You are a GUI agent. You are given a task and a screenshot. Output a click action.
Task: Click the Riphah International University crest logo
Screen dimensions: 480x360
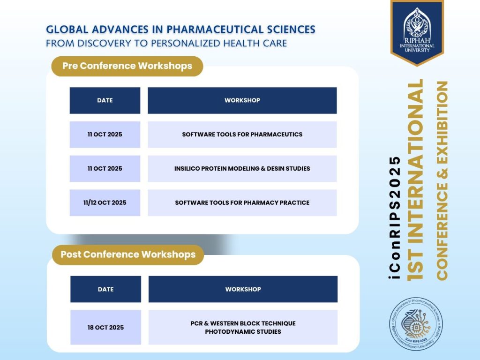click(417, 32)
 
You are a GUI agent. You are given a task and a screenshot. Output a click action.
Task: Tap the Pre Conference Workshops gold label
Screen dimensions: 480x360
click(127, 66)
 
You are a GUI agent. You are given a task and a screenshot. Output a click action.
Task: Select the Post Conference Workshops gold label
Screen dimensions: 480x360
click(128, 255)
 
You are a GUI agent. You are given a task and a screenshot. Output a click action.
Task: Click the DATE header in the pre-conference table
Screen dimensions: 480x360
click(105, 100)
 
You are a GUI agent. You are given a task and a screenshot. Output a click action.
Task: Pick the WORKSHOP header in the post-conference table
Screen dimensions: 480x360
click(243, 289)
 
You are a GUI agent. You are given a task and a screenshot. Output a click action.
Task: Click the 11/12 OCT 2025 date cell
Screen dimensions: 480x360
click(105, 202)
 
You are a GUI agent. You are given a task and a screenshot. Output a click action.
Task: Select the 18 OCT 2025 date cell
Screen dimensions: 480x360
click(105, 327)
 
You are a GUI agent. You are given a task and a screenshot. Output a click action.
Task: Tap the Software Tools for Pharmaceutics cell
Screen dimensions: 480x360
click(242, 135)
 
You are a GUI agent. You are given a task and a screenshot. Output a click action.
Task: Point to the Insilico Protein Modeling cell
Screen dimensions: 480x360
click(242, 169)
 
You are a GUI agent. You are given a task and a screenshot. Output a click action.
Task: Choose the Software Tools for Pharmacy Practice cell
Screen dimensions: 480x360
click(242, 202)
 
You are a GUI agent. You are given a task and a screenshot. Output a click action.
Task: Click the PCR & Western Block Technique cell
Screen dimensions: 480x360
click(243, 327)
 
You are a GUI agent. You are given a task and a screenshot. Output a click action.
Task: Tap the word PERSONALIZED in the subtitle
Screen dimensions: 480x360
click(186, 43)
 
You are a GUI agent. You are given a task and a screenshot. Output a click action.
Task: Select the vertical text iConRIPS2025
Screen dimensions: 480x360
click(395, 217)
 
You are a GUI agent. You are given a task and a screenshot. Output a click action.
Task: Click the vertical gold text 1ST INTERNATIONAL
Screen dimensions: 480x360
click(415, 180)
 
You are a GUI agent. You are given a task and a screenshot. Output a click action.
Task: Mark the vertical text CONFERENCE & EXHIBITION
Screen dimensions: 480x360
click(442, 180)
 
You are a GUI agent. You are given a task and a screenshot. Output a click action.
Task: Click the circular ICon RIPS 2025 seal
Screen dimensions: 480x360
click(416, 324)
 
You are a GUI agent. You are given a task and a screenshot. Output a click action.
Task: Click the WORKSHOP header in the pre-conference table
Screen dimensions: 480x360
click(242, 100)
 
